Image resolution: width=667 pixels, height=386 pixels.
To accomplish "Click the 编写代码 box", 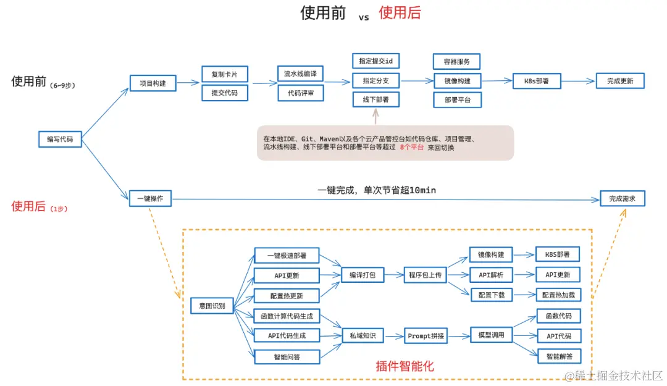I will pyautogui.click(x=60, y=140).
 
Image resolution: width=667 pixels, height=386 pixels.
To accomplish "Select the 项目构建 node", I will pyautogui.click(x=153, y=83).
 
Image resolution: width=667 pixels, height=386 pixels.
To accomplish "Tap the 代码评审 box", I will pyautogui.click(x=300, y=94).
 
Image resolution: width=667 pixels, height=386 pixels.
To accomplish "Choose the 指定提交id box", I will pyautogui.click(x=376, y=61).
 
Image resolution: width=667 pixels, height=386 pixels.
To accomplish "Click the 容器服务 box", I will pyautogui.click(x=456, y=62).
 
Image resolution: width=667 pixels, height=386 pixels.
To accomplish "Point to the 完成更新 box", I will pyautogui.click(x=620, y=81).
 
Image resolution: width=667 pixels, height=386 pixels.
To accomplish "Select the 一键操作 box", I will pyautogui.click(x=151, y=199).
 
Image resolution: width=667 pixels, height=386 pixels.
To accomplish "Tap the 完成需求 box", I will pyautogui.click(x=623, y=199).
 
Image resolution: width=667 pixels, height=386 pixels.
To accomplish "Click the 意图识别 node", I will pyautogui.click(x=212, y=306).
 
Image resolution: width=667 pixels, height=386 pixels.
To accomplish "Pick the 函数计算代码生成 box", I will pyautogui.click(x=287, y=316).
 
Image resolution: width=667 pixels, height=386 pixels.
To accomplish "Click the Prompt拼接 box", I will pyautogui.click(x=426, y=336).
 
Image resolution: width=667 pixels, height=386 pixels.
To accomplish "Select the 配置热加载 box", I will pyautogui.click(x=558, y=295).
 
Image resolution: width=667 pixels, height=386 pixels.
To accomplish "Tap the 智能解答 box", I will pyautogui.click(x=559, y=356).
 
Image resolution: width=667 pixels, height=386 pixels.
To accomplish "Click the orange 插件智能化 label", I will pyautogui.click(x=405, y=366).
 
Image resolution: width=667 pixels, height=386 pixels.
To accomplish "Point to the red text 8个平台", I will pyautogui.click(x=411, y=148).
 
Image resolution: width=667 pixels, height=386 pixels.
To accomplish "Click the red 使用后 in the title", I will pyautogui.click(x=400, y=13).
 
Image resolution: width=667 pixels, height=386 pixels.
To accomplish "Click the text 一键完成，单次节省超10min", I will pyautogui.click(x=377, y=190).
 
